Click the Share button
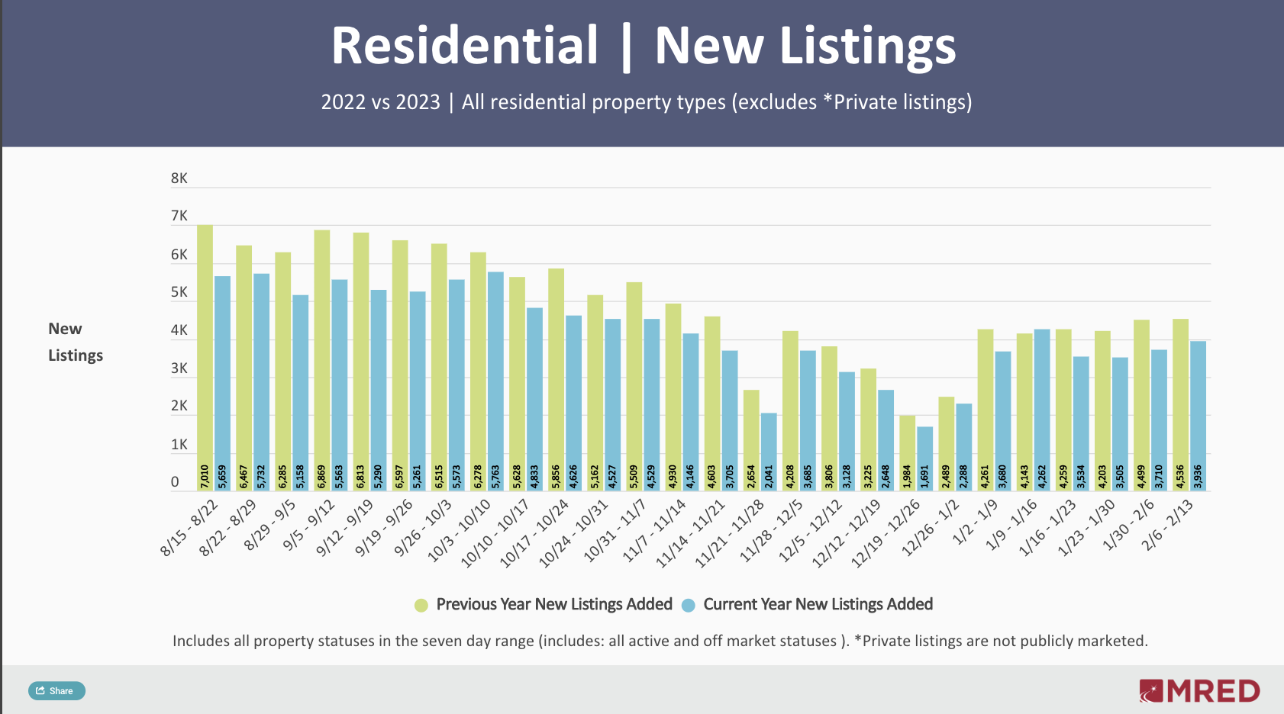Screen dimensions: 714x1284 (56, 691)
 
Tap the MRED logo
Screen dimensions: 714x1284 (1199, 691)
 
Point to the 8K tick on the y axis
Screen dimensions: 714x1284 (179, 178)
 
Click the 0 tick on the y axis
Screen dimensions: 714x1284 (175, 482)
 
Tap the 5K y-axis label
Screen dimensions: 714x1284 (179, 292)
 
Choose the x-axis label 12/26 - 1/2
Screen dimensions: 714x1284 (931, 528)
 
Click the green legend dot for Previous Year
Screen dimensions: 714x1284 (421, 606)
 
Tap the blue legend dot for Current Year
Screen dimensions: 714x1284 (688, 606)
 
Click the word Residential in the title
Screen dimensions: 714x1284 (464, 46)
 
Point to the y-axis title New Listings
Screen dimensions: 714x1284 (75, 342)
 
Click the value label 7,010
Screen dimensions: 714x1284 (205, 477)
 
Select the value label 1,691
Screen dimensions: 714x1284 (924, 477)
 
